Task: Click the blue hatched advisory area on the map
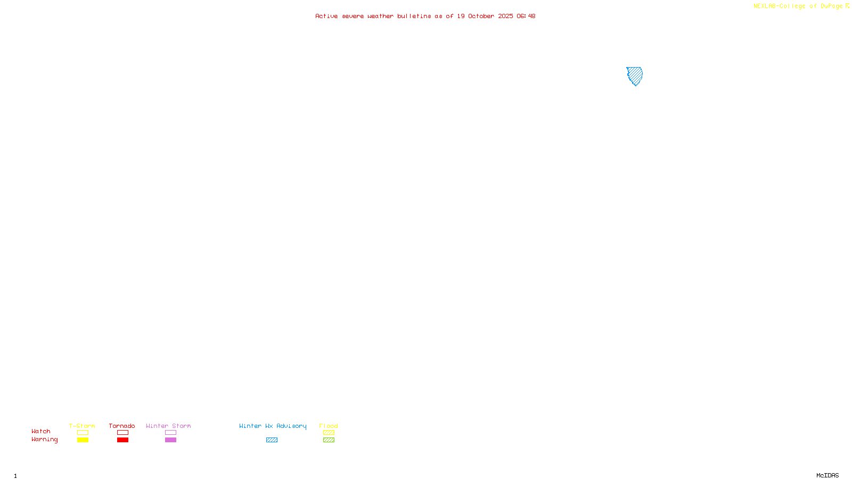[635, 75]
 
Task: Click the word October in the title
[481, 16]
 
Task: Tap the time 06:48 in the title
[526, 16]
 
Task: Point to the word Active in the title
[326, 16]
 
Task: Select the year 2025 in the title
[505, 16]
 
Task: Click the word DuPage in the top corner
[831, 6]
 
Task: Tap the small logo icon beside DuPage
[847, 6]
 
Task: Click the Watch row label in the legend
[41, 431]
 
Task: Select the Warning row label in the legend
[44, 440]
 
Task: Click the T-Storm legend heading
[82, 426]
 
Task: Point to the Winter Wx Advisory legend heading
[273, 426]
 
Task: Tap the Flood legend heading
[329, 426]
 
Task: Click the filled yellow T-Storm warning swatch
[83, 440]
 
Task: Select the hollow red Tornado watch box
[122, 433]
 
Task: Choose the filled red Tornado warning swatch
[122, 440]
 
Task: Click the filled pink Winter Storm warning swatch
[170, 440]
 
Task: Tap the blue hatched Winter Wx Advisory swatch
[272, 440]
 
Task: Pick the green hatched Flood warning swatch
[329, 440]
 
